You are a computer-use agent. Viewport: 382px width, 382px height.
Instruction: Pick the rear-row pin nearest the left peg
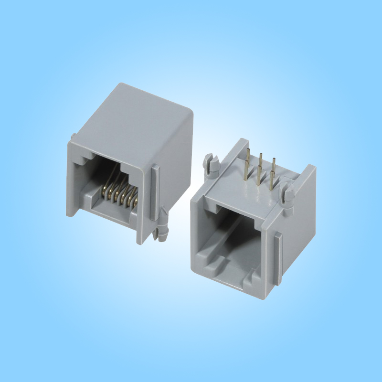tap(249, 155)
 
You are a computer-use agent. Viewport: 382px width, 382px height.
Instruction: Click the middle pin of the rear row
tap(261, 160)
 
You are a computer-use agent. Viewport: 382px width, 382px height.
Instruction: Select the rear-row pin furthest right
tap(274, 165)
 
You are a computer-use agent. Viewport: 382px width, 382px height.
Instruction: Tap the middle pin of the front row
tap(258, 175)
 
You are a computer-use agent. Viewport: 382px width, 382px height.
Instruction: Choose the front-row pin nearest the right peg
tap(271, 180)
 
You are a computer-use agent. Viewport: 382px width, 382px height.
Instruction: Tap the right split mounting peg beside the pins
tap(287, 193)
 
